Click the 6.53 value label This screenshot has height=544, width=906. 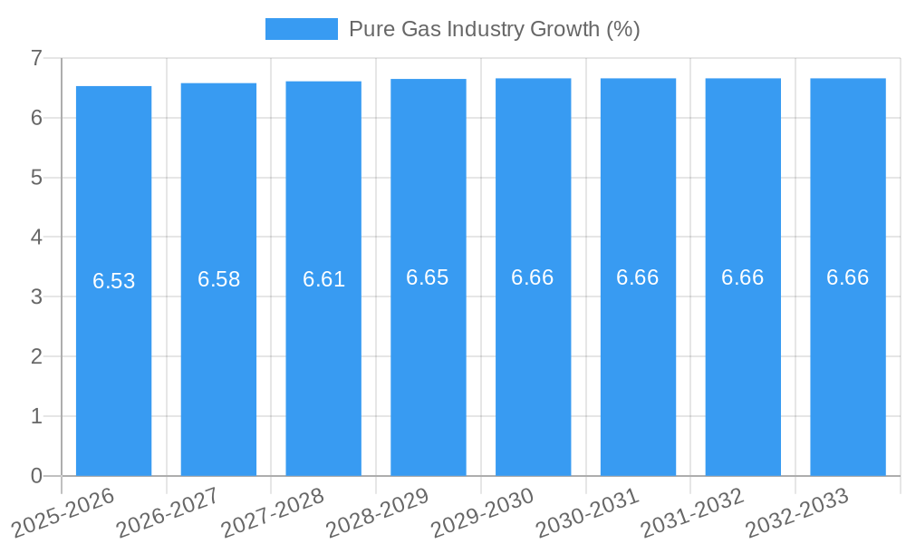coord(114,281)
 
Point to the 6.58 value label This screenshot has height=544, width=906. coord(219,279)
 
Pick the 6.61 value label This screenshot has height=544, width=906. coord(324,279)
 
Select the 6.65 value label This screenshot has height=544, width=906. coord(428,277)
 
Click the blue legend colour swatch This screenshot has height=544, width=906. coord(301,29)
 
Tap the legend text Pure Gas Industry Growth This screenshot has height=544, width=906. coord(494,29)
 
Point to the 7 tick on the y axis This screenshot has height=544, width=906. coord(36,58)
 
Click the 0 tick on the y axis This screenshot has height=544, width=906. coord(36,476)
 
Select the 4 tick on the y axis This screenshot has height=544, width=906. coord(36,238)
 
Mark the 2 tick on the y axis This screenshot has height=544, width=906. coord(36,356)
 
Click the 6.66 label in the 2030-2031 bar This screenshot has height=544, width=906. coord(638,277)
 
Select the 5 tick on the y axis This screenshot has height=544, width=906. coord(36,178)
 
